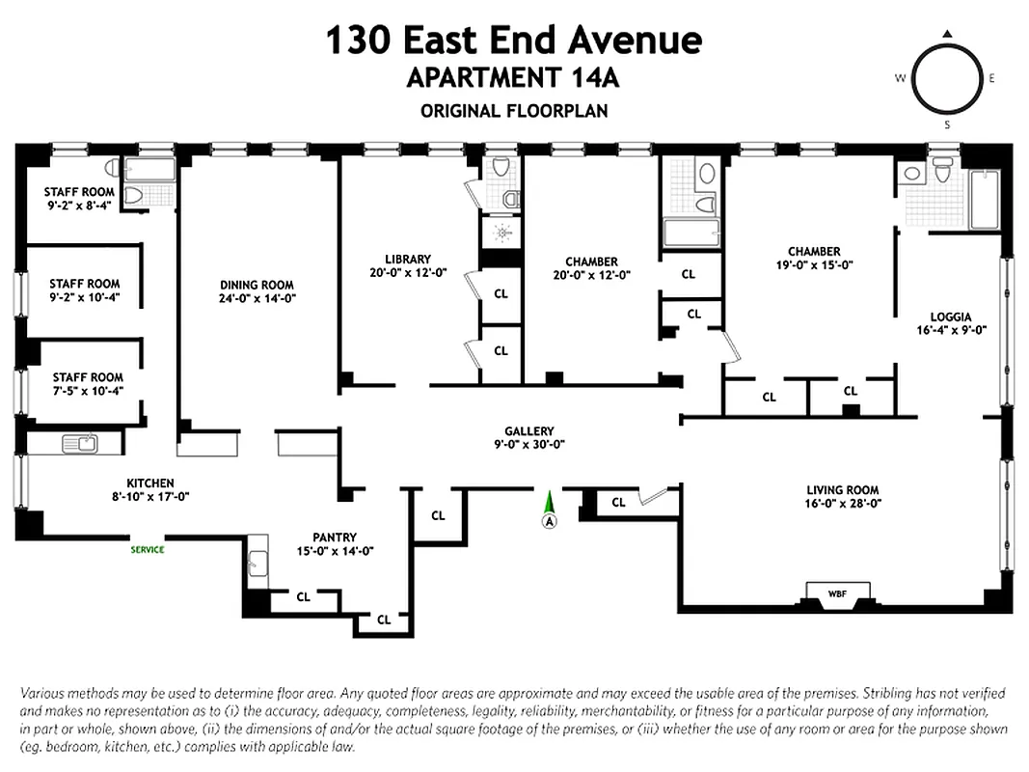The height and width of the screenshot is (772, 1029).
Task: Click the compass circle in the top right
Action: pyautogui.click(x=947, y=79)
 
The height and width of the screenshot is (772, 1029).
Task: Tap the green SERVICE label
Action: pyautogui.click(x=148, y=550)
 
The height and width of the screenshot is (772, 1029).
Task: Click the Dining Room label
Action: pyautogui.click(x=257, y=285)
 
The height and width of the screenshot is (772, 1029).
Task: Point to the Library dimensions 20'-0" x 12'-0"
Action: pyautogui.click(x=407, y=273)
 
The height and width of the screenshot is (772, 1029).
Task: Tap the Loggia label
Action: pyautogui.click(x=951, y=316)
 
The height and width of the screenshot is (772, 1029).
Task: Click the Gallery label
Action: pyautogui.click(x=529, y=431)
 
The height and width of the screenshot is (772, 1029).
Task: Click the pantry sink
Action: pyautogui.click(x=257, y=562)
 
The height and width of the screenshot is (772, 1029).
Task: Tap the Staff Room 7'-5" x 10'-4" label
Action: pyautogui.click(x=87, y=377)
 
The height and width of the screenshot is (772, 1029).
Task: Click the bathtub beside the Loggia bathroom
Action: pyautogui.click(x=984, y=200)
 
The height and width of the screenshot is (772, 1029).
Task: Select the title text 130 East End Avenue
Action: pyautogui.click(x=513, y=41)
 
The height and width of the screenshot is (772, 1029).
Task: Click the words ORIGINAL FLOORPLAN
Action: pyautogui.click(x=514, y=111)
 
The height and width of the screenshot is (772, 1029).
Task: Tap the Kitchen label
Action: pyautogui.click(x=150, y=482)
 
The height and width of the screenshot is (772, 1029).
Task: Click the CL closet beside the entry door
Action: pyautogui.click(x=618, y=502)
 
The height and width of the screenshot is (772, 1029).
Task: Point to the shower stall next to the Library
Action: pyautogui.click(x=501, y=232)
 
